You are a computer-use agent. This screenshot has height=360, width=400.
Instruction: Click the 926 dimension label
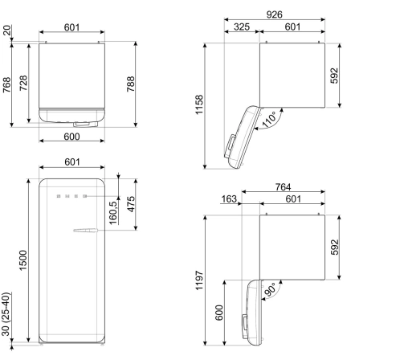(x=274, y=14)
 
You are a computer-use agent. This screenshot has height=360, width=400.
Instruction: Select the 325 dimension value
(x=242, y=27)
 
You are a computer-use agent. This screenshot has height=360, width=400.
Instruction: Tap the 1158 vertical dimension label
(x=199, y=104)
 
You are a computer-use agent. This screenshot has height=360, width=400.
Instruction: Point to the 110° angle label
(x=269, y=120)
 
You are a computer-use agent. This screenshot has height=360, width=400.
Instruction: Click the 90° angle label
(x=270, y=289)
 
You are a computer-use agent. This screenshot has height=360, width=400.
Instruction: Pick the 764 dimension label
(x=283, y=187)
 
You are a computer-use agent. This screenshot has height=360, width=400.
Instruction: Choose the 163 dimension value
(x=229, y=199)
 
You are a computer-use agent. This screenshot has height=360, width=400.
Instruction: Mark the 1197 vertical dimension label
(x=199, y=280)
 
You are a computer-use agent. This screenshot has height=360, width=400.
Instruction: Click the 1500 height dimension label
(x=23, y=260)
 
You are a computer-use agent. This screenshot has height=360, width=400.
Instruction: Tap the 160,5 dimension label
(x=113, y=213)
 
